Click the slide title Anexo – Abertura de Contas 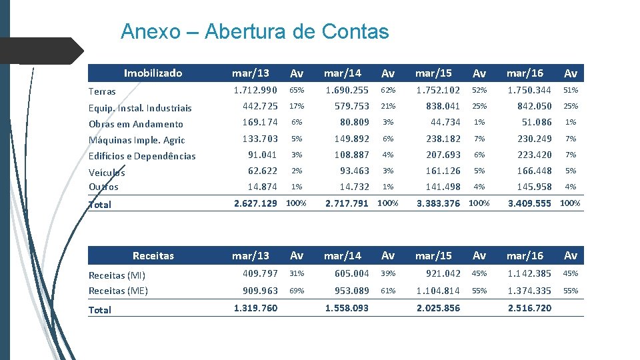(254, 31)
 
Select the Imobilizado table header (153, 73)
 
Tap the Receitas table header (153, 255)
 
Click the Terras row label (102, 91)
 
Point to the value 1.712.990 (255, 90)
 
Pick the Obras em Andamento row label (135, 124)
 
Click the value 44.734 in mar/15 (445, 122)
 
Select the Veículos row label (107, 172)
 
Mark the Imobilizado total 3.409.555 (530, 203)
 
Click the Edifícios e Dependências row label (142, 156)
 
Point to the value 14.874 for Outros (262, 187)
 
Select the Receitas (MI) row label (117, 275)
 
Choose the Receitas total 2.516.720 (529, 309)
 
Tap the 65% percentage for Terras (296, 90)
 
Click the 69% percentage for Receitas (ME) (296, 291)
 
